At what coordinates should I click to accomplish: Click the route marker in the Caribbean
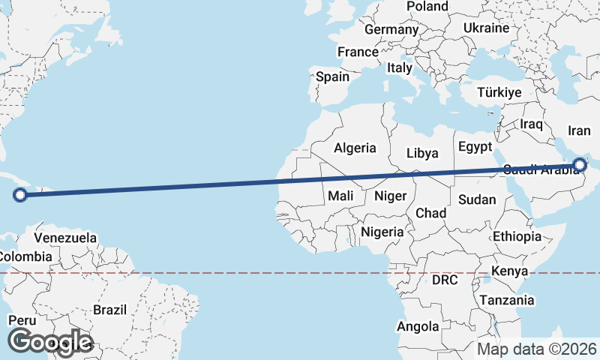[21, 196]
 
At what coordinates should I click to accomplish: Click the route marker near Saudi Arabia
[580, 165]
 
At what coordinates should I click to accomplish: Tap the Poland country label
[427, 7]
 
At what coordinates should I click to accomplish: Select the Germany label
[391, 30]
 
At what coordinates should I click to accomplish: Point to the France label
[358, 52]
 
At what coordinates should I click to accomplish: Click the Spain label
[332, 76]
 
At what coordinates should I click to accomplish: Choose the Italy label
[400, 67]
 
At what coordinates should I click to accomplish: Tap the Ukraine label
[486, 28]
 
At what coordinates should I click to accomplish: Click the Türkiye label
[499, 93]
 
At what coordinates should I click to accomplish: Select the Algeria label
[355, 148]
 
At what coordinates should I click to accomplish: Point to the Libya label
[422, 153]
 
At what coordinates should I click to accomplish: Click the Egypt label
[475, 146]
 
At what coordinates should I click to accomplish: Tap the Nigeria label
[382, 232]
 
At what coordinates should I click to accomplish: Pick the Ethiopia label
[517, 236]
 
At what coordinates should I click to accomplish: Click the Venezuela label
[66, 238]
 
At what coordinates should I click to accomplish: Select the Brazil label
[110, 310]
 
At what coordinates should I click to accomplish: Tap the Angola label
[418, 326]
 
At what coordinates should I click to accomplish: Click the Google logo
[50, 342]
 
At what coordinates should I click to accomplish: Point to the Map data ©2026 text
[537, 349]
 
